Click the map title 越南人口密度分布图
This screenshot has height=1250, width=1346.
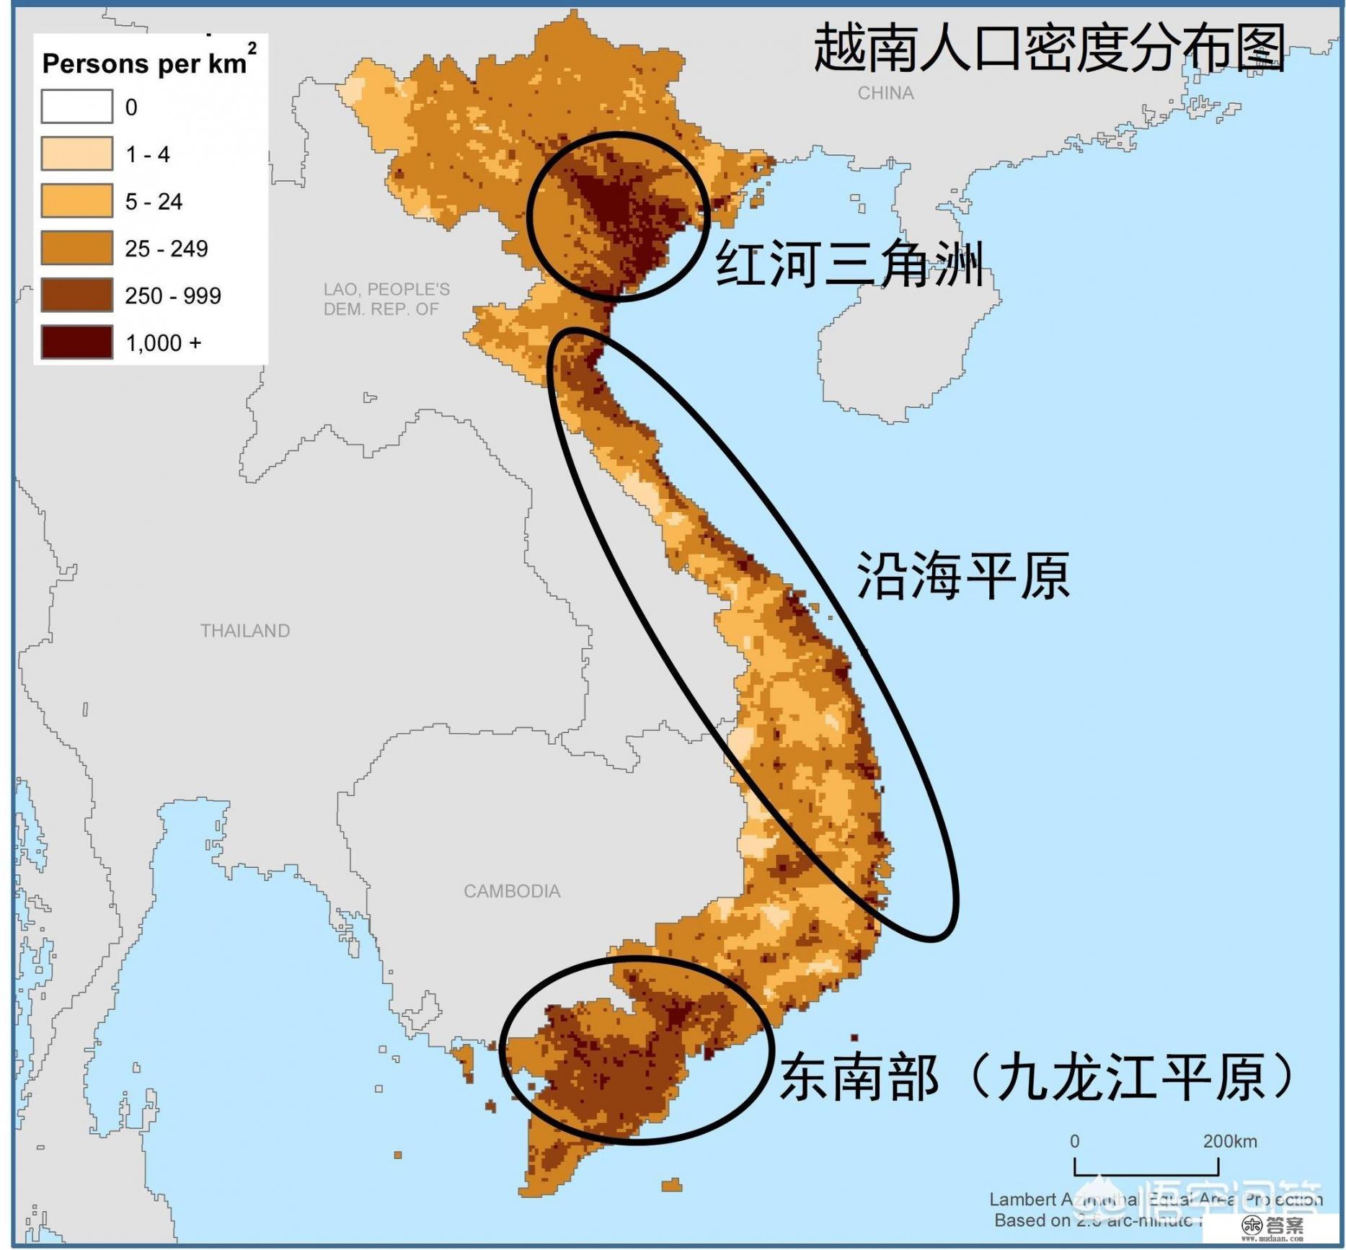(x=1049, y=48)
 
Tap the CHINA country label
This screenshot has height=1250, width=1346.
(x=885, y=93)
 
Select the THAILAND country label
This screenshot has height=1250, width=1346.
(x=245, y=631)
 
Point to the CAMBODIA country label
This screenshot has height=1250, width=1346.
(x=512, y=892)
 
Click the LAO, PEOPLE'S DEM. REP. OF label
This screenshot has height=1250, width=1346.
(x=386, y=299)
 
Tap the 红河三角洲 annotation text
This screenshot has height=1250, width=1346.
(x=849, y=264)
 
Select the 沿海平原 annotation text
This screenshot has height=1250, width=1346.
(x=962, y=576)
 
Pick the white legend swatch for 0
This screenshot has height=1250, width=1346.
(x=76, y=107)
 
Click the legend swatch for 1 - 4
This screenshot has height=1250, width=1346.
(x=76, y=154)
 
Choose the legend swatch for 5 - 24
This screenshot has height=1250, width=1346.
(x=76, y=200)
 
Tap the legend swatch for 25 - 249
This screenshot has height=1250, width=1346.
(x=76, y=248)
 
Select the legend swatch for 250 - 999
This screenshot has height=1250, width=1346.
(x=76, y=295)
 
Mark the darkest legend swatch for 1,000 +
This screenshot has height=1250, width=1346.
(x=76, y=342)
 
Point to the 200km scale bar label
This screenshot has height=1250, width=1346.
(x=1229, y=1142)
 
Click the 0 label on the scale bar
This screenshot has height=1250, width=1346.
(x=1074, y=1142)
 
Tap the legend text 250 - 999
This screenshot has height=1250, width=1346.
(x=173, y=296)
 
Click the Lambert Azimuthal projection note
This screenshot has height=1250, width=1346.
(x=1154, y=1200)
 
